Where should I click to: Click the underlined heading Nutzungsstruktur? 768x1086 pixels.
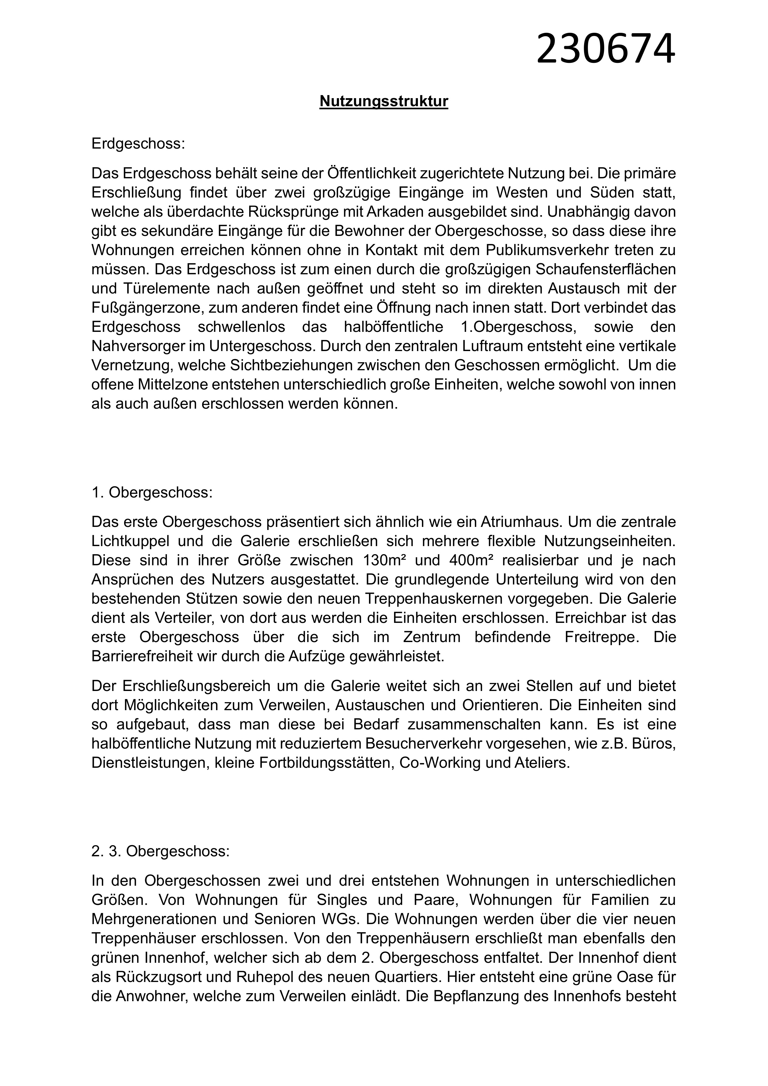[384, 101]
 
